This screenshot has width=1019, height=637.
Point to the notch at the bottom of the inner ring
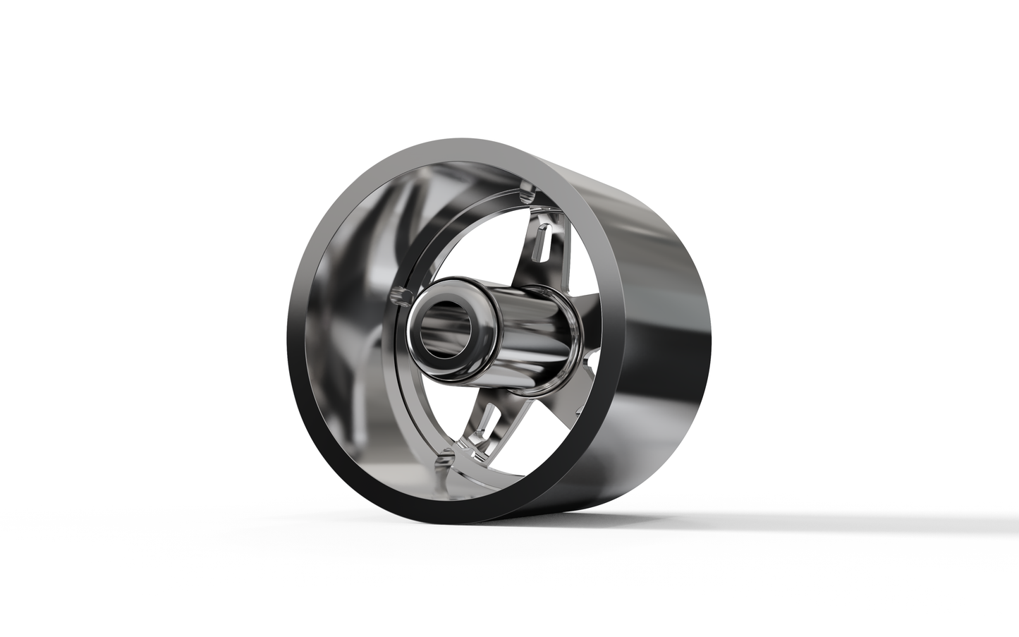(444, 462)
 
